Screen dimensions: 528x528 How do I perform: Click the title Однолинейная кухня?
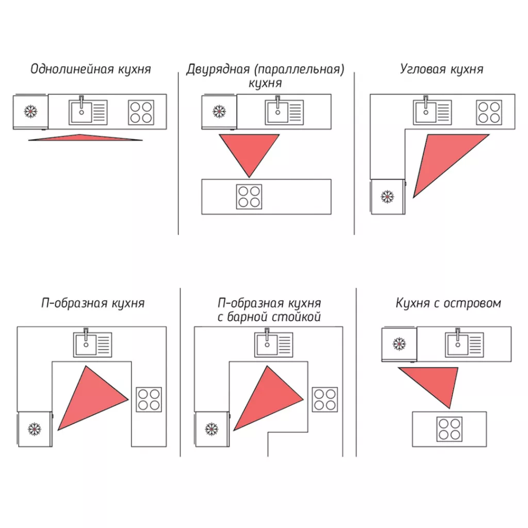tap(91, 69)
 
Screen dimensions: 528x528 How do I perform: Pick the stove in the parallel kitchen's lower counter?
tap(249, 196)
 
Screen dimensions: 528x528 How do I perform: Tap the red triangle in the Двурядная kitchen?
tap(249, 150)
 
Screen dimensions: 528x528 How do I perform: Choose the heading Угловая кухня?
tap(441, 69)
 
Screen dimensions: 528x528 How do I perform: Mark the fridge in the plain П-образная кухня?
tap(35, 428)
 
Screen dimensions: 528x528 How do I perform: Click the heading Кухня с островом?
tap(448, 303)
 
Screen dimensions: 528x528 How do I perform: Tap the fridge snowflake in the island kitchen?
tap(399, 344)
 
